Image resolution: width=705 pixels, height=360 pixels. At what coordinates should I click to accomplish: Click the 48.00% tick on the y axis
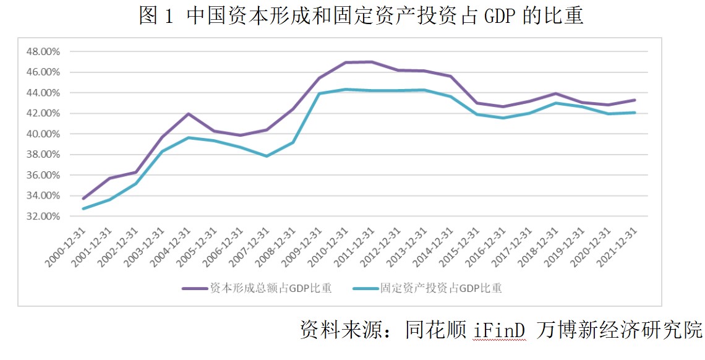coord(43,51)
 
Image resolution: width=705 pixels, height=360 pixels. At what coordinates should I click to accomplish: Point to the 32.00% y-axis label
coord(43,216)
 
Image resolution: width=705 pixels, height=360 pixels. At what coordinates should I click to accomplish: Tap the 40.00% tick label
coord(43,134)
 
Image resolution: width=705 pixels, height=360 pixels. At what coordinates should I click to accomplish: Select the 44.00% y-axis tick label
coord(43,93)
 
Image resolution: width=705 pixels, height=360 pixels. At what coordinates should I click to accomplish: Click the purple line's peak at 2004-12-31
coord(188,114)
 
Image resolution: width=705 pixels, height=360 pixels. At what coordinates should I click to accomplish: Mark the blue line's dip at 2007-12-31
coord(267,156)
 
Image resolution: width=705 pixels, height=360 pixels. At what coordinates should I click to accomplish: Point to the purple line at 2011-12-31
coord(371,62)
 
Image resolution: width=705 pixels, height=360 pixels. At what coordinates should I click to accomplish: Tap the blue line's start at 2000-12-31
coord(83,208)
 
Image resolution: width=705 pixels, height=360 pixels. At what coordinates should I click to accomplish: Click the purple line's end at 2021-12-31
coord(634,100)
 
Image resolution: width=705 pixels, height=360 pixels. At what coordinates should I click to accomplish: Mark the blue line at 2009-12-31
coord(319,93)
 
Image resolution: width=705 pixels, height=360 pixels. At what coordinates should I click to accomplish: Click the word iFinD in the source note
coord(499,328)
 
